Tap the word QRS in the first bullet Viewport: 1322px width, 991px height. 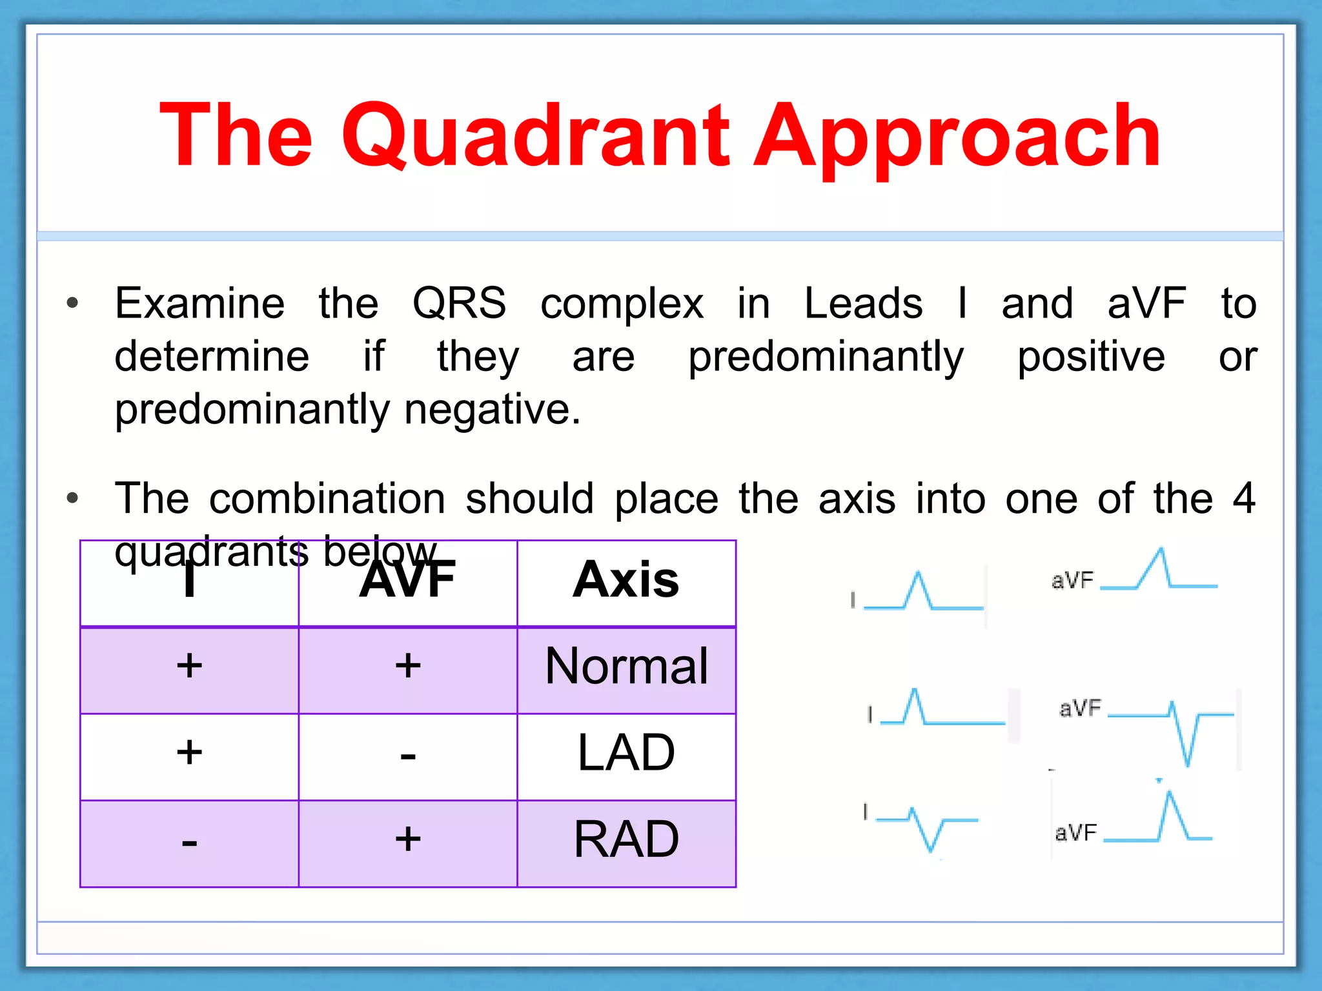click(459, 303)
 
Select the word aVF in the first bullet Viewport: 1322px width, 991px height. click(1146, 303)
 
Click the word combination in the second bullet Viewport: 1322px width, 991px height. click(327, 498)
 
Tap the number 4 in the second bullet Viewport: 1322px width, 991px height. click(1243, 498)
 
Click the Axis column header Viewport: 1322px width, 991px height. click(625, 579)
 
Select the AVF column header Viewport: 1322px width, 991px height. click(407, 579)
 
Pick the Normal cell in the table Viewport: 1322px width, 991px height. click(626, 666)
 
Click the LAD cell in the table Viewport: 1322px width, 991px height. click(626, 753)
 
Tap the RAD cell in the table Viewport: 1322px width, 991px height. click(626, 839)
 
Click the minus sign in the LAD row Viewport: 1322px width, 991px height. click(407, 756)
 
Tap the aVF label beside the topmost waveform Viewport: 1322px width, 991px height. click(1072, 581)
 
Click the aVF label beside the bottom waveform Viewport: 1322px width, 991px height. click(1075, 833)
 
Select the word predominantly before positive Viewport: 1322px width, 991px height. click(825, 356)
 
